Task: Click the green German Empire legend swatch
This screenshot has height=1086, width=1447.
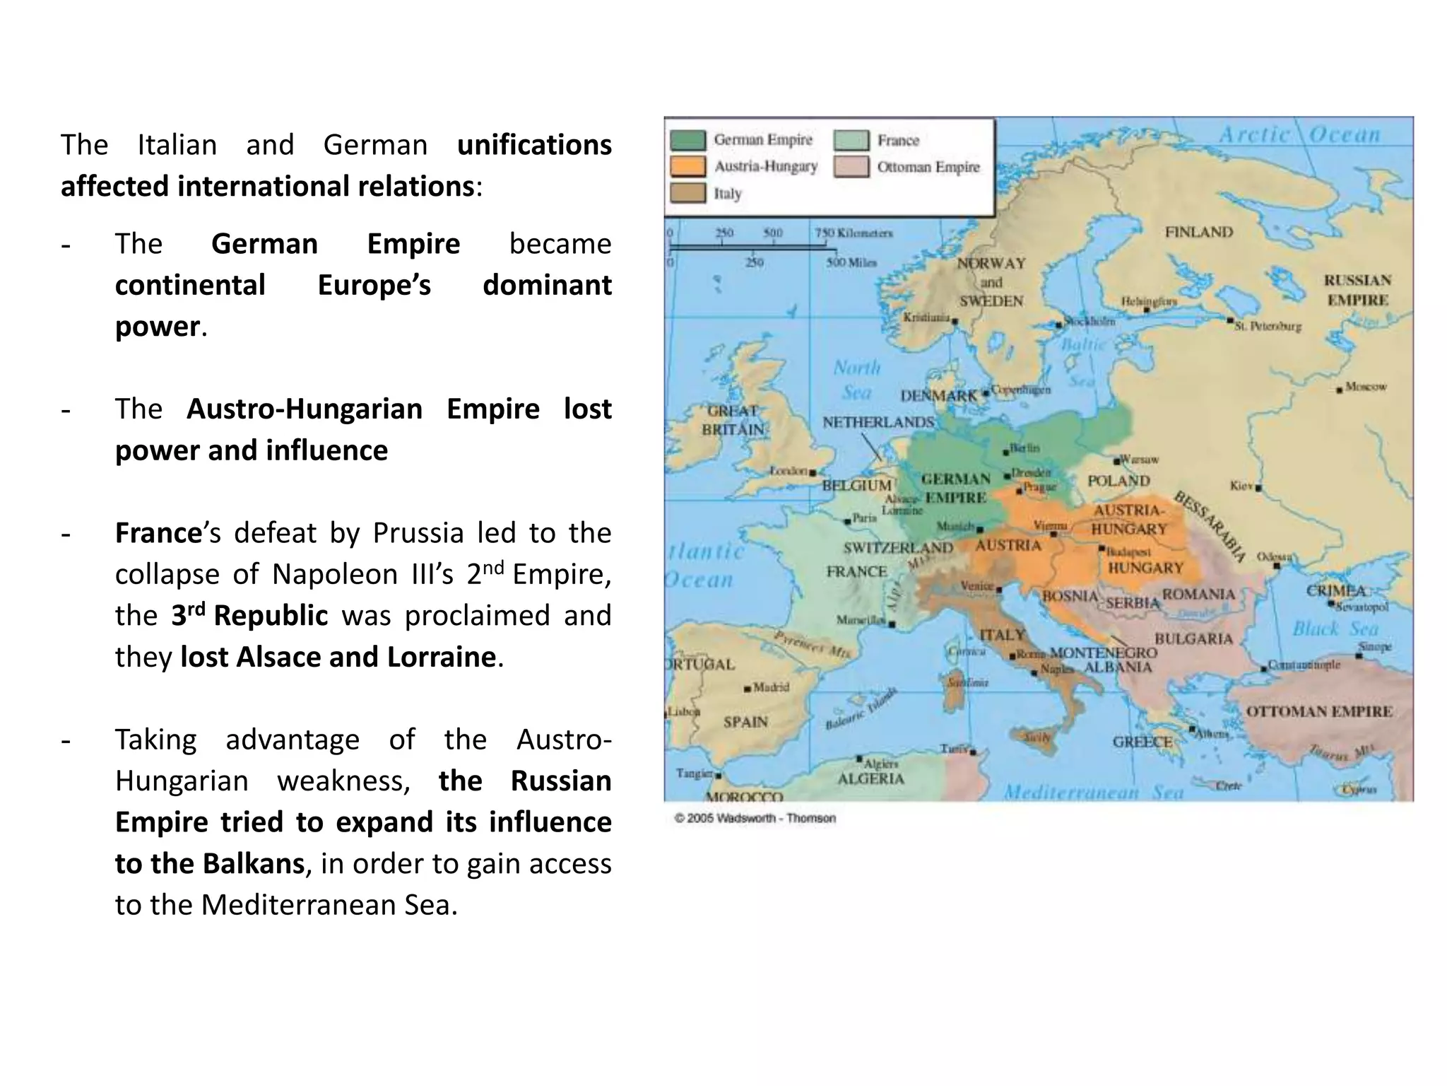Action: (687, 140)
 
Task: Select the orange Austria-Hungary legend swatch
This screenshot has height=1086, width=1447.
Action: (687, 167)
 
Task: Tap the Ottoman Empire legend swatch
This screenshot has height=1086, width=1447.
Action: (851, 167)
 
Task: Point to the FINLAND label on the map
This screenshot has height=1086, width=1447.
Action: (1198, 232)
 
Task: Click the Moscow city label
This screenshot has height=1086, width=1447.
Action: (1365, 387)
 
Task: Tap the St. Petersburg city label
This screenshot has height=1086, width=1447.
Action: (1268, 327)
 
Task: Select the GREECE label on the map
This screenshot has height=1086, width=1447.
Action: (1142, 742)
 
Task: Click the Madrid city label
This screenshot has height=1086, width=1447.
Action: (770, 687)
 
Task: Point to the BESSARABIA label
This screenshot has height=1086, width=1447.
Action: (1210, 527)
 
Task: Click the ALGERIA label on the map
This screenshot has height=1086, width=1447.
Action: (870, 778)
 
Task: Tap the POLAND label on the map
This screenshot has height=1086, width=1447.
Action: (1118, 481)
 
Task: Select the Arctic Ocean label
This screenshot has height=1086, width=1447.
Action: (1299, 135)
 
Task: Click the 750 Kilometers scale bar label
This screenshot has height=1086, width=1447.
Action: (854, 233)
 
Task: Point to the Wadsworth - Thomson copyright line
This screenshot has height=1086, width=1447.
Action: (755, 818)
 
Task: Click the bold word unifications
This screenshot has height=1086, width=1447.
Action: (534, 145)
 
